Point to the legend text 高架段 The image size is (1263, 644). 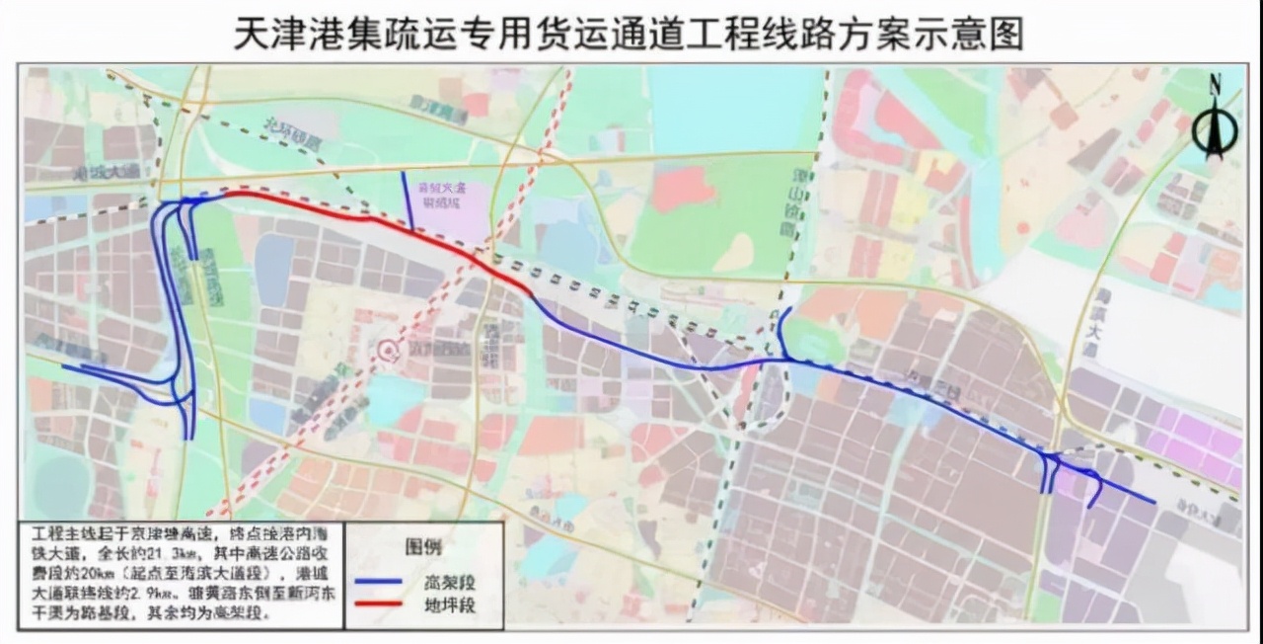click(454, 581)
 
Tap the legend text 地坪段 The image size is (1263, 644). click(454, 604)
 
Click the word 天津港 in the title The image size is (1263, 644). click(280, 34)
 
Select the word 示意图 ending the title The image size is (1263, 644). click(976, 34)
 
